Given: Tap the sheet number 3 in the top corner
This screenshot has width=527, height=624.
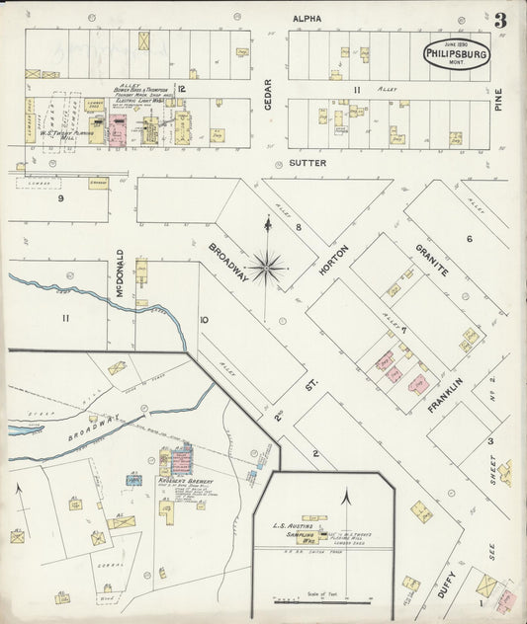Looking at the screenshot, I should coord(501,21).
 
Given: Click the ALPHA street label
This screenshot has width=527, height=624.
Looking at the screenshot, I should coord(307,18).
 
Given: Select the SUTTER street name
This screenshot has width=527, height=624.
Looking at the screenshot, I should coord(307,161).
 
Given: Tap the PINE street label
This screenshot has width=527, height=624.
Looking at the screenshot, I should coord(499,99).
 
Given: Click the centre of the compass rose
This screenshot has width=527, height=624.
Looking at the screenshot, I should coord(268,264).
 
